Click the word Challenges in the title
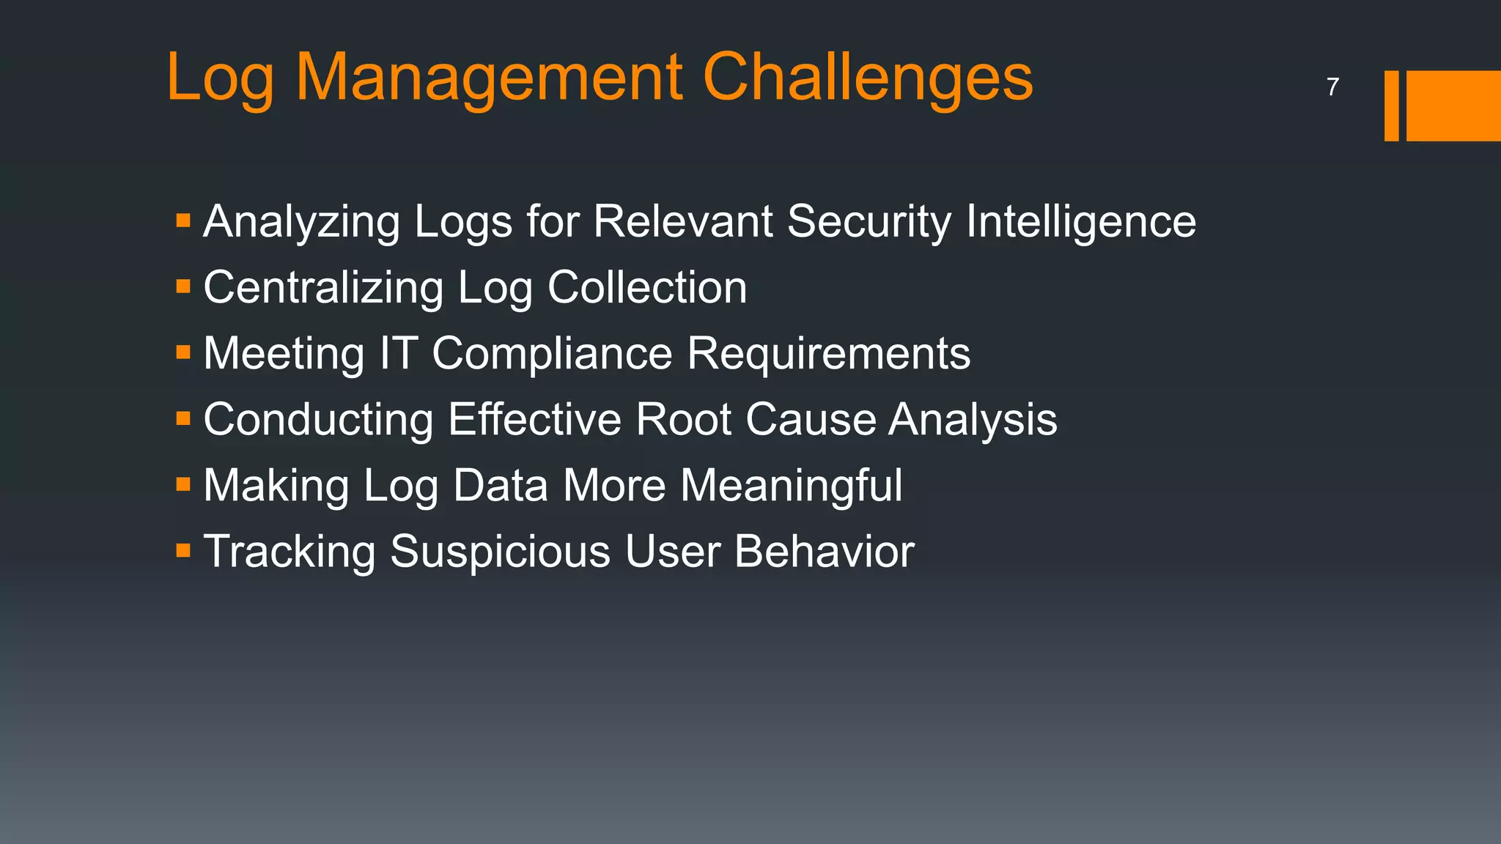coord(868,77)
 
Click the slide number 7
coord(1332,87)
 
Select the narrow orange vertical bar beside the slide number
coord(1391,105)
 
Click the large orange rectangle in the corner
coord(1453,105)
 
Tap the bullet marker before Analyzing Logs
coord(183,220)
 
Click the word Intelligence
coord(1081,221)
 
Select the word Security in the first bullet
coord(868,221)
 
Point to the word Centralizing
coord(323,287)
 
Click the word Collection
coord(647,287)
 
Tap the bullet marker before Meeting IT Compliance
coord(183,352)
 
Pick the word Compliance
coord(552,354)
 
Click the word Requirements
coord(829,354)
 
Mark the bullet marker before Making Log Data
coord(183,484)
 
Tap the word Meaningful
coord(792,486)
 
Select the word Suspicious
coord(500,551)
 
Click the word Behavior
coord(824,551)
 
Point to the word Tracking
coord(289,552)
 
